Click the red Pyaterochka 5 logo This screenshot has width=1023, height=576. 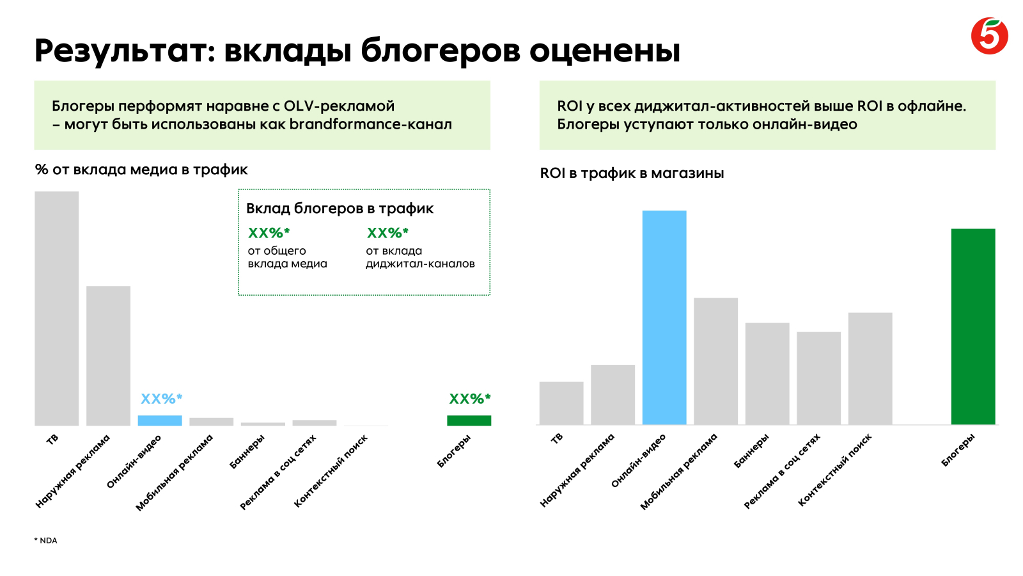point(989,36)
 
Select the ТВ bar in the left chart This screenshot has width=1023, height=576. point(57,308)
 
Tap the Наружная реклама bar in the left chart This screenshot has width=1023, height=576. point(108,356)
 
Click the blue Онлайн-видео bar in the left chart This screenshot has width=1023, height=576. point(160,420)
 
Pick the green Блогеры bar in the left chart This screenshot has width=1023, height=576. point(469,420)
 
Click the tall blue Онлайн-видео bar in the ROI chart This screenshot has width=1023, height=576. point(664,317)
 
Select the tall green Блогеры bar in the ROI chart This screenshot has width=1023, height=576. point(973,327)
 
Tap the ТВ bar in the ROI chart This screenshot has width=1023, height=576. point(561,403)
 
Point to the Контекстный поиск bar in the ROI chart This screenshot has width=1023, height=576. point(870,369)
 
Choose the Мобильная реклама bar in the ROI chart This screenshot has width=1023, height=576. point(715,361)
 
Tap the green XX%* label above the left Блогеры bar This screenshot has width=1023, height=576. point(470,399)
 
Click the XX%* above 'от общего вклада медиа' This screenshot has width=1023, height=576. point(269,233)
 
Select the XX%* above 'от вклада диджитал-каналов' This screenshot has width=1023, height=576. point(387,233)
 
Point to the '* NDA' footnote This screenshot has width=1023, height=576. point(45,541)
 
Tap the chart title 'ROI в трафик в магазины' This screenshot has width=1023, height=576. point(632,173)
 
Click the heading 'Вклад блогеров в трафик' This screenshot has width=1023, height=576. point(340,209)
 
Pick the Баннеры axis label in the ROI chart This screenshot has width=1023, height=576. point(751,451)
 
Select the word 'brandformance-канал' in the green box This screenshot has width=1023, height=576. point(370,124)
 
